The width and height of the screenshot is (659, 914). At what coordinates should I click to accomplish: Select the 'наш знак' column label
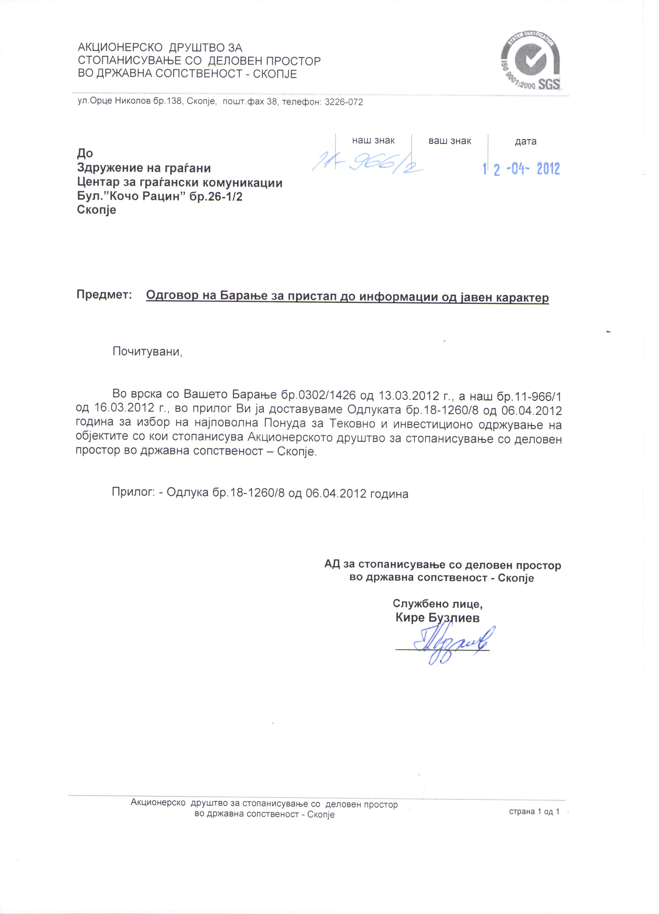coord(373,141)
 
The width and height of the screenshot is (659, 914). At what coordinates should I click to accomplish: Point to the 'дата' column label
coord(525,142)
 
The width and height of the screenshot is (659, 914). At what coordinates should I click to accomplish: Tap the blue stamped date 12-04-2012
coord(521,168)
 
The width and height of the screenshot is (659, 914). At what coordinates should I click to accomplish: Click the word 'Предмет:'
coord(104,295)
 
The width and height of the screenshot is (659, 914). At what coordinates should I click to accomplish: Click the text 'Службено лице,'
coord(437,604)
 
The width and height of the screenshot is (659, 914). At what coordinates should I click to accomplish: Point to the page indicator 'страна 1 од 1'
coord(534,812)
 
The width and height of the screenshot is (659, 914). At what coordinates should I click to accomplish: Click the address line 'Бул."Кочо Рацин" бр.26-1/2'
coord(160,196)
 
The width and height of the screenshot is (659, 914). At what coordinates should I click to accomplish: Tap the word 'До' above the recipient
coord(85,153)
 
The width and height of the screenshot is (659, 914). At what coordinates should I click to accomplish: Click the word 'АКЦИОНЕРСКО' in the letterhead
coord(119,47)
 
